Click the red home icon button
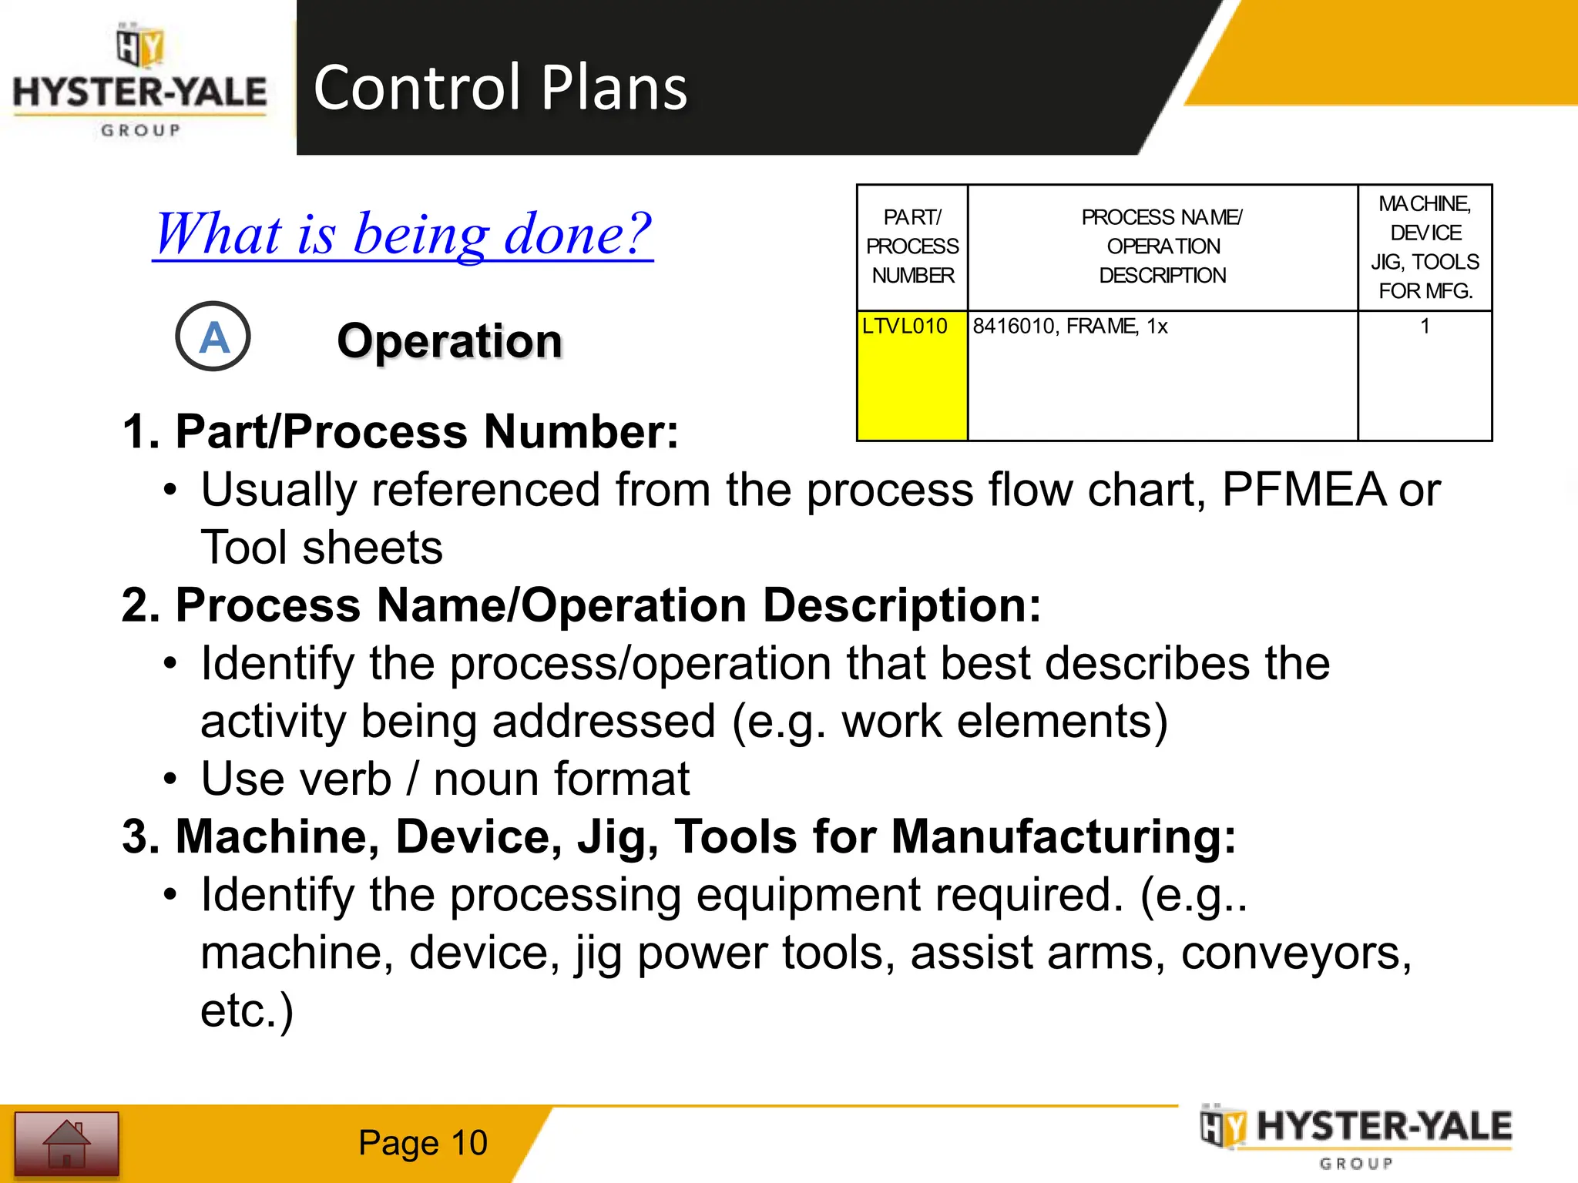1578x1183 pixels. (67, 1143)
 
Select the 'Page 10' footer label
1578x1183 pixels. (422, 1143)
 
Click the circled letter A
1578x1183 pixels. (213, 337)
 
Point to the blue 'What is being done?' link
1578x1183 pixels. (402, 234)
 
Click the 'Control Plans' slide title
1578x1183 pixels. (500, 87)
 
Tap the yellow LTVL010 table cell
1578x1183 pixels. (912, 375)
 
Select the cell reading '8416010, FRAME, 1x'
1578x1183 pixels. (1069, 327)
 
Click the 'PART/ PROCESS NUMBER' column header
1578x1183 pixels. (912, 246)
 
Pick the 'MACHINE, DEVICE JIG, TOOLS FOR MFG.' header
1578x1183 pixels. (1425, 247)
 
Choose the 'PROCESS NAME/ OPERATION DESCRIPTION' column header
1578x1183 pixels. (1162, 246)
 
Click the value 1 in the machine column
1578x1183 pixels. (1425, 327)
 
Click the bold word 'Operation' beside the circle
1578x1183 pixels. (450, 341)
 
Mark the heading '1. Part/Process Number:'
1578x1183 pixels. (401, 431)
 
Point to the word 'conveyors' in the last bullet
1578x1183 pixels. (1296, 953)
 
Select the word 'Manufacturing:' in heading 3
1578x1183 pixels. (1063, 836)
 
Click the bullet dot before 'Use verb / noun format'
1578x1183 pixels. (170, 779)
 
